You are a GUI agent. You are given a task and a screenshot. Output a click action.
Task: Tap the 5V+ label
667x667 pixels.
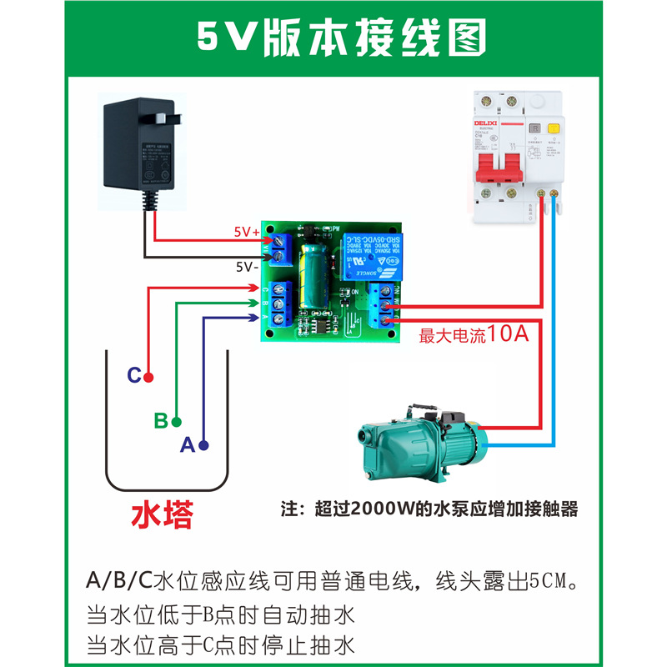247,233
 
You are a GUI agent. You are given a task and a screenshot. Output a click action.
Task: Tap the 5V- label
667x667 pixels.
246,267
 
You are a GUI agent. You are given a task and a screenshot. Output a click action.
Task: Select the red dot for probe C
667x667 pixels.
148,377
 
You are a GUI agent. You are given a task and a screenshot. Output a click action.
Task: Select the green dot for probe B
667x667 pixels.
177,421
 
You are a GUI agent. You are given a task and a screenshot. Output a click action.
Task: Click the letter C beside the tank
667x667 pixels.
133,376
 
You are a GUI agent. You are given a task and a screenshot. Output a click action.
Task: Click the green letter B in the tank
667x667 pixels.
161,420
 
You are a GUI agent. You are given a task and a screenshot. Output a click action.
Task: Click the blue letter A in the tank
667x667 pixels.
188,445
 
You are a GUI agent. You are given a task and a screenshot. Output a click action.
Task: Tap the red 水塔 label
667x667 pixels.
163,514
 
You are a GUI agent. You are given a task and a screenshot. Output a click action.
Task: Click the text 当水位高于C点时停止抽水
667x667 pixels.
221,644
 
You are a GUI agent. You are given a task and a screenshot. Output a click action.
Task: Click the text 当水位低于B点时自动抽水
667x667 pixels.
221,615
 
